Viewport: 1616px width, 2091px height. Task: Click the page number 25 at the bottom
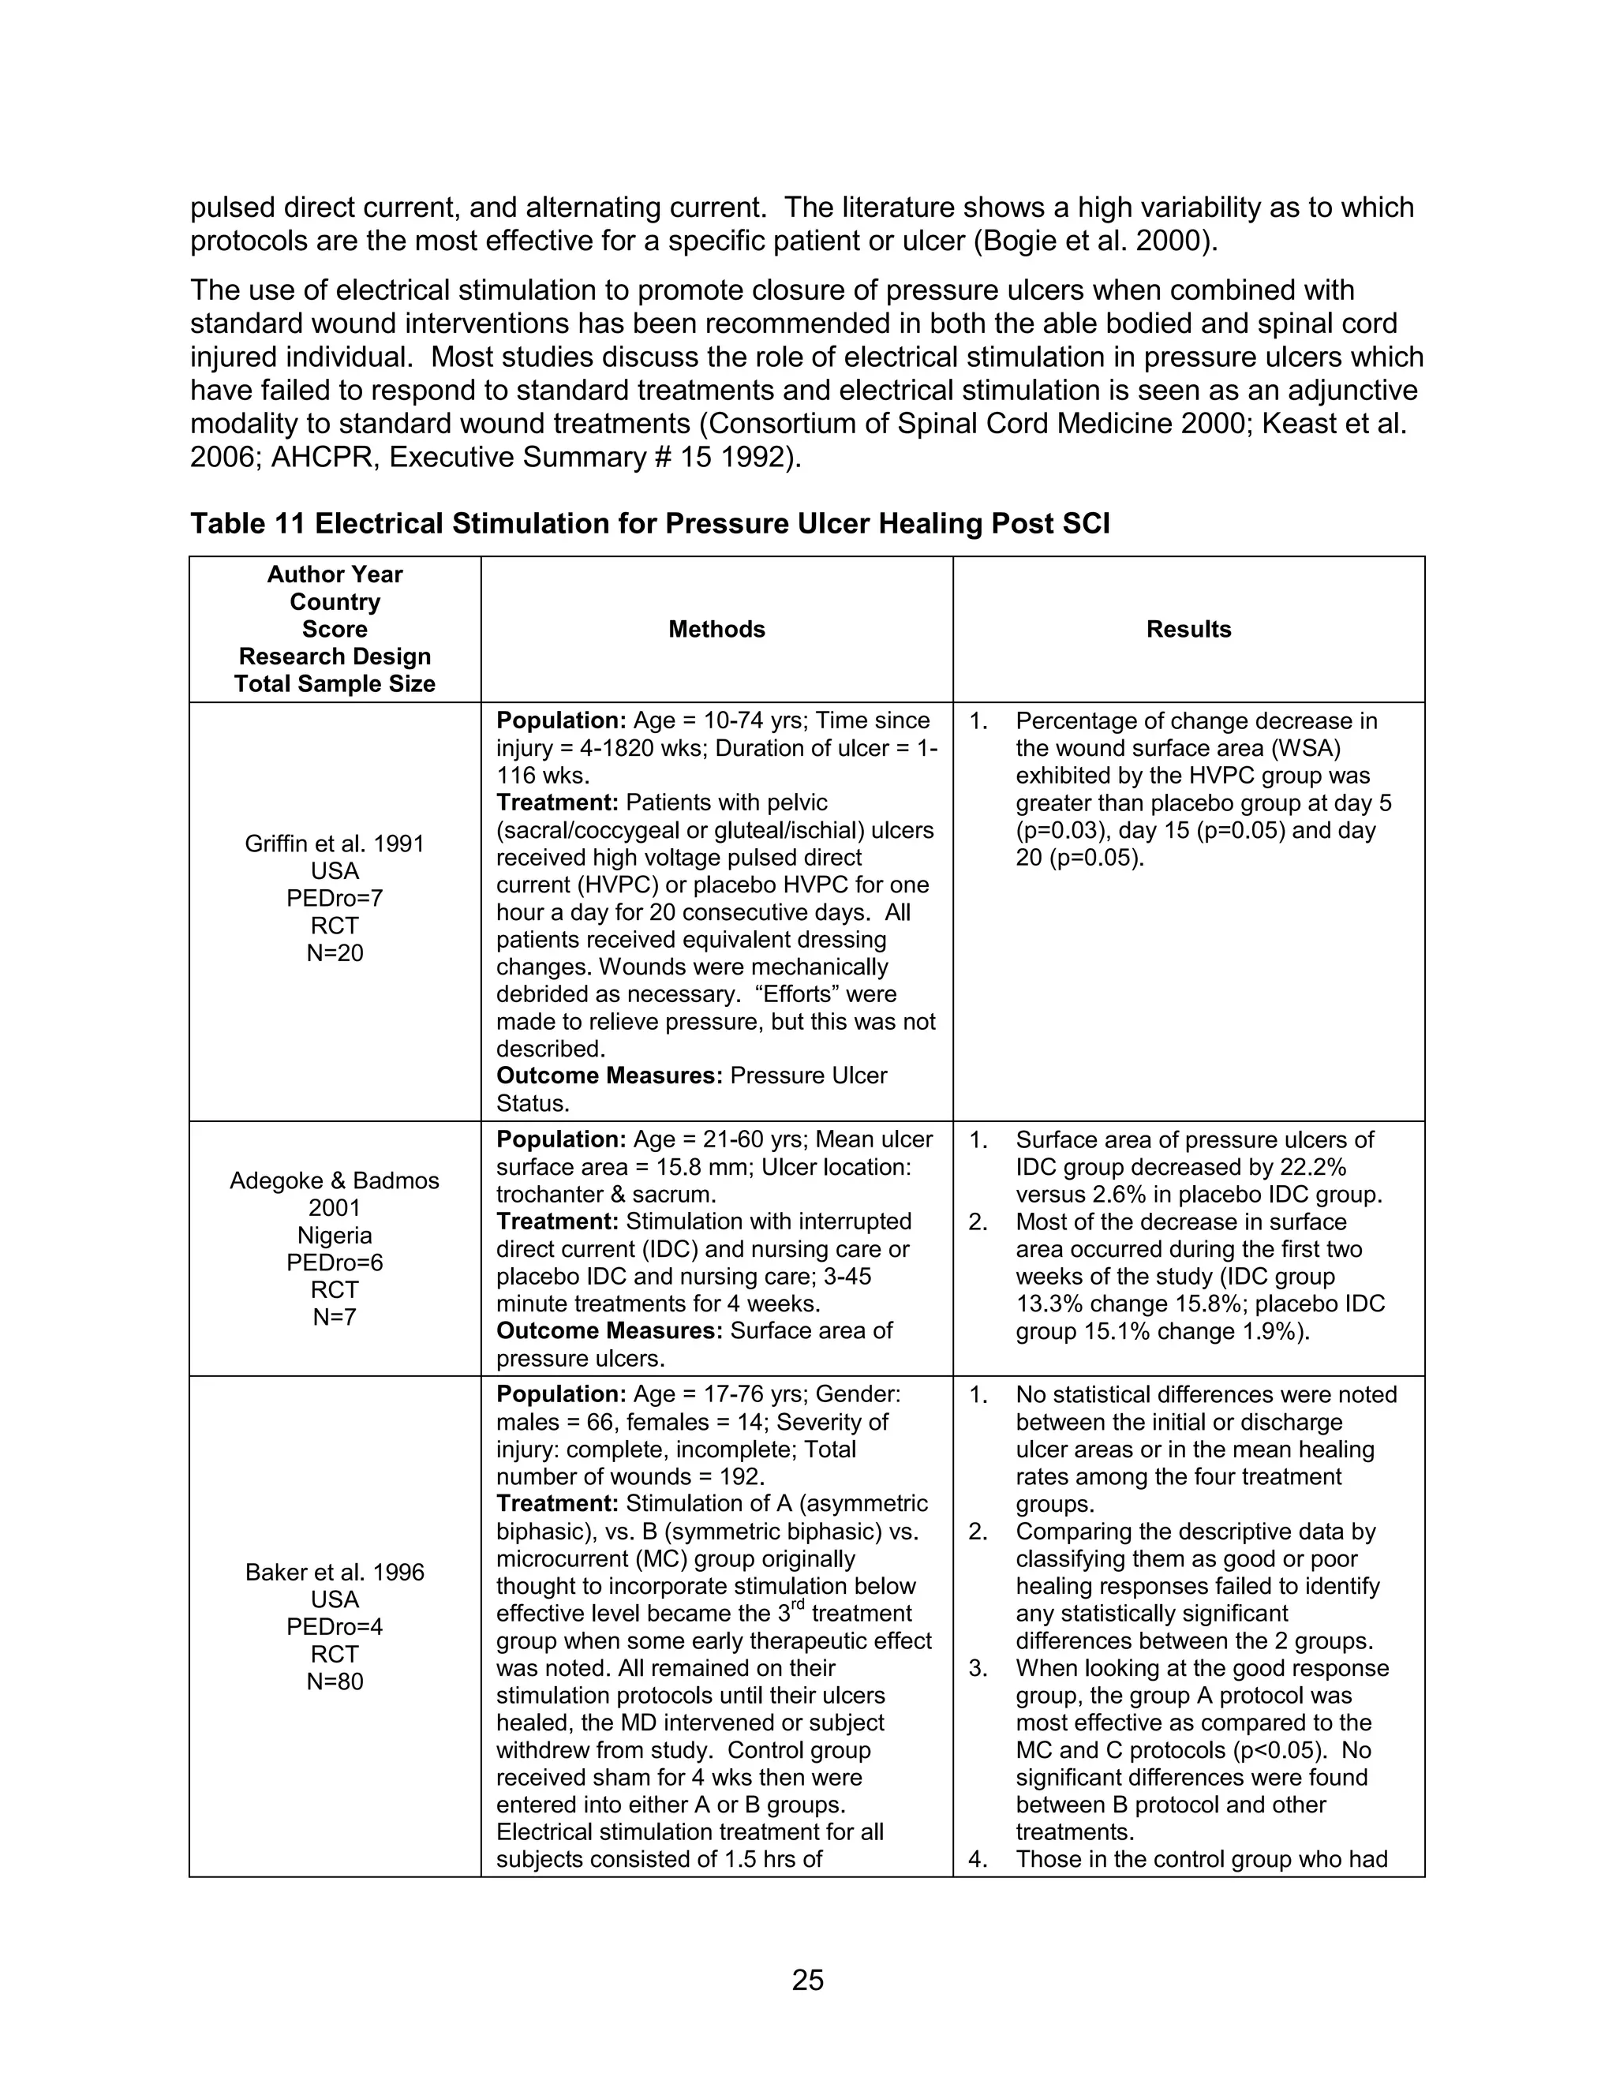807,1979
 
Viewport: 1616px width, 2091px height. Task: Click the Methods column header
716,629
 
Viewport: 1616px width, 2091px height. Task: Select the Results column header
1188,629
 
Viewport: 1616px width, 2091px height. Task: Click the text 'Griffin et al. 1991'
334,844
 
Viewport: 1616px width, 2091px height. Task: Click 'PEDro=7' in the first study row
334,898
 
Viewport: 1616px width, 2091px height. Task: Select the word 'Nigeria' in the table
334,1235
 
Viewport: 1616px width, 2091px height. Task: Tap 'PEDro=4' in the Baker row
334,1627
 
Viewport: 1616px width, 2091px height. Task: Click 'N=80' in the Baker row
334,1681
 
